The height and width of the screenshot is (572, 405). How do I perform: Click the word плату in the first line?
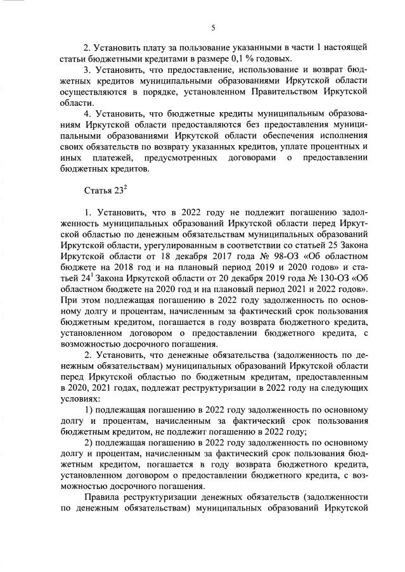point(153,48)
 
